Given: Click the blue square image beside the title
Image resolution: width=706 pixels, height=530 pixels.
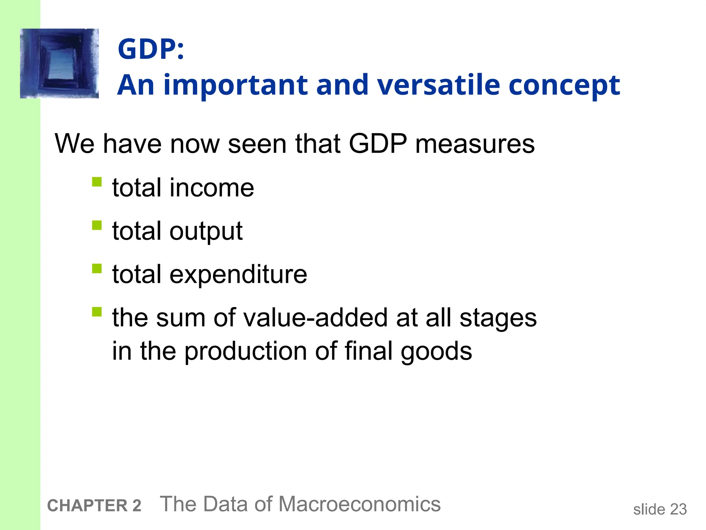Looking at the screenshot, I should click(x=59, y=63).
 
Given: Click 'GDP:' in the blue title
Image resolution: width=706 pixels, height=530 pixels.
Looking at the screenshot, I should click(x=151, y=49).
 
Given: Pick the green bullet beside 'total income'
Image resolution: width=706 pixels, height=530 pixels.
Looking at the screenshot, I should click(x=97, y=182).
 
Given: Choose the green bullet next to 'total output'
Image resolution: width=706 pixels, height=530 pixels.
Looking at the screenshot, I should click(x=97, y=225).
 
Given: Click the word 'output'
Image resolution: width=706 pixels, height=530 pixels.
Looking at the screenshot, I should click(x=206, y=232).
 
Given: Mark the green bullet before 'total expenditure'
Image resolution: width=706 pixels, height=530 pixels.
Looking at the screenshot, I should click(x=97, y=268).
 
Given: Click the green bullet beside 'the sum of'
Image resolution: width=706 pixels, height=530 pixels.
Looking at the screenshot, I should click(x=97, y=312).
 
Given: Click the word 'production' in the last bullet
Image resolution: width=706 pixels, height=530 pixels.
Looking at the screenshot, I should click(x=245, y=351).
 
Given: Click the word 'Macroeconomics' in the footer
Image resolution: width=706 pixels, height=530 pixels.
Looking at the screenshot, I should click(x=359, y=504).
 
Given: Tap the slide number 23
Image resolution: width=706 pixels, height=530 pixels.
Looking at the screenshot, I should click(x=678, y=509).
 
